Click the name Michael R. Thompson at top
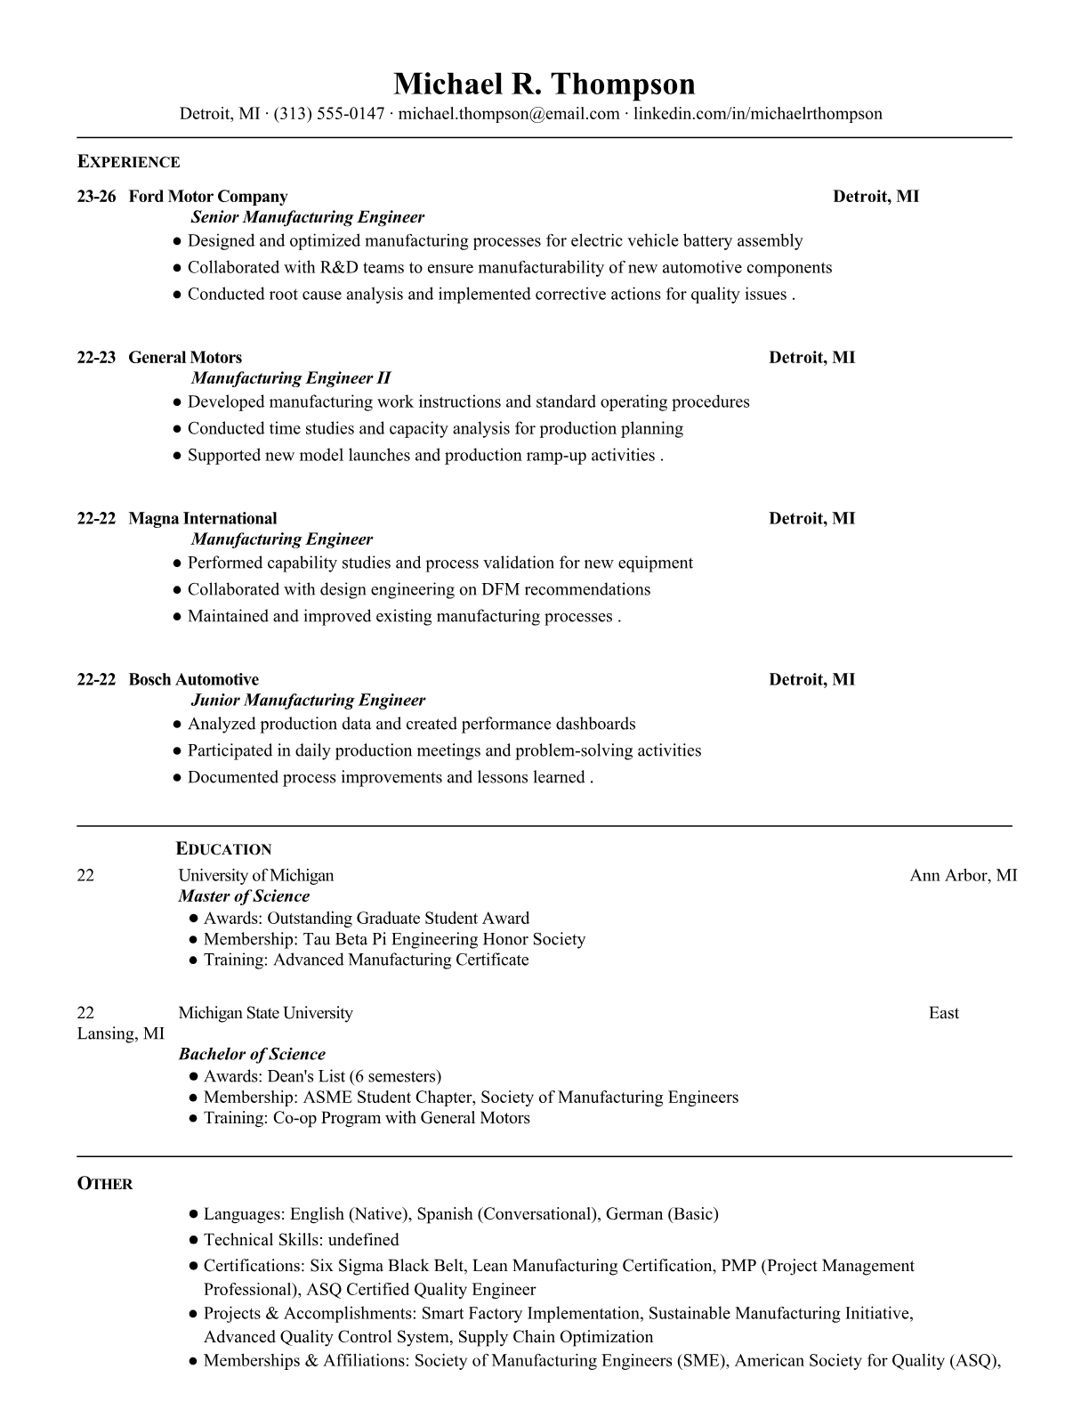544,84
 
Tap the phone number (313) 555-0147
329,114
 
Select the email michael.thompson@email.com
509,114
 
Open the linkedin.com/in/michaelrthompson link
758,114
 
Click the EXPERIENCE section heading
128,162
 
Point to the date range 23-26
96,197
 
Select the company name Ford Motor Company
208,197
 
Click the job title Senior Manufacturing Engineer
307,217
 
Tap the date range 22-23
96,358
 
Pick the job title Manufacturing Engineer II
291,378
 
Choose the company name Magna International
203,519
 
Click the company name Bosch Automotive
194,680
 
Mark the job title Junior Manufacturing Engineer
308,701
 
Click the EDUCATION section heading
223,849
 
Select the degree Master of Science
244,896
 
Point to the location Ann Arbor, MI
963,876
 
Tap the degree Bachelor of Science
252,1054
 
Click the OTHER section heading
105,1184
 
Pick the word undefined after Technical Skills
363,1240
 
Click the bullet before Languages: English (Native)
193,1214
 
